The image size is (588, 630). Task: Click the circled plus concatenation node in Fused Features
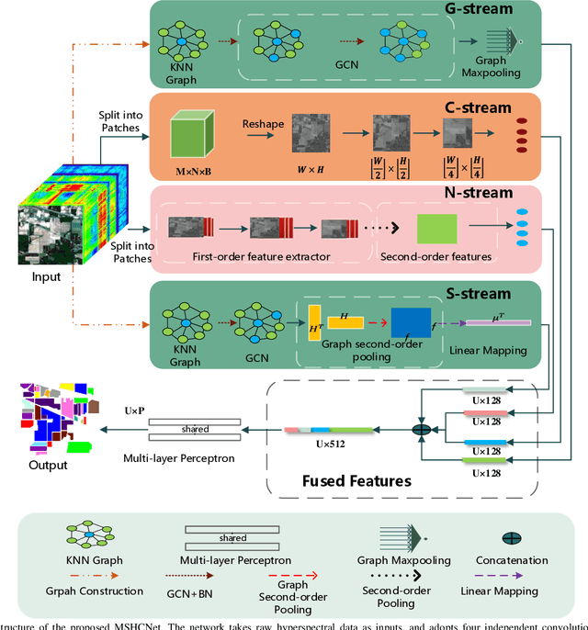(422, 428)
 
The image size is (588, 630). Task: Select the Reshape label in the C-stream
(264, 123)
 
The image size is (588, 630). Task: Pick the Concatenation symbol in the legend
(512, 539)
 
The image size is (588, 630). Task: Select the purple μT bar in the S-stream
(497, 322)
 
